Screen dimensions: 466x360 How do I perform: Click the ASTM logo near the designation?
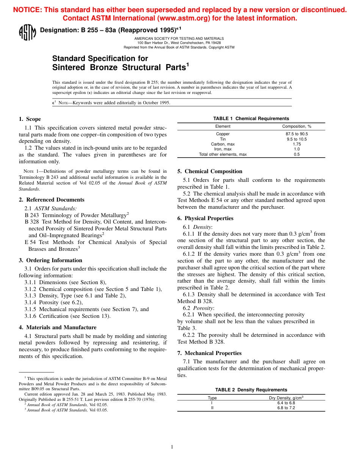[27, 32]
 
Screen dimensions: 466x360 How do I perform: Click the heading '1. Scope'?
[30, 119]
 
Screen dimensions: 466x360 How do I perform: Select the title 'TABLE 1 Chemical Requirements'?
[251, 119]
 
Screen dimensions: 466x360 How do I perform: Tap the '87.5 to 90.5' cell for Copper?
[297, 134]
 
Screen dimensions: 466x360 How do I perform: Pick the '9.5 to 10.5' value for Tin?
[297, 139]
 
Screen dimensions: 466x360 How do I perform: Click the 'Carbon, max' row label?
[223, 144]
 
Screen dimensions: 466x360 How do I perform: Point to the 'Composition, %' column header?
[297, 126]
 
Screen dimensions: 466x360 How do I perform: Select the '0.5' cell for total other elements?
[297, 154]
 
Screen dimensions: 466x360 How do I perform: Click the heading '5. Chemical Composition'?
[210, 171]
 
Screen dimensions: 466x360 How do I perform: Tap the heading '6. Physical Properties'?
[205, 218]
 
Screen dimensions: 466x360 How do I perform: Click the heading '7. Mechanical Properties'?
[209, 353]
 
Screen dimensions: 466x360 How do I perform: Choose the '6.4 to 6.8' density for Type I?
[286, 403]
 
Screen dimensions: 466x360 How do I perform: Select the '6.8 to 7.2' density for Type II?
[286, 408]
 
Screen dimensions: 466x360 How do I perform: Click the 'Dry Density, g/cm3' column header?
[286, 398]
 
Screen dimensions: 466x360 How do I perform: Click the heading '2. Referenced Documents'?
[52, 200]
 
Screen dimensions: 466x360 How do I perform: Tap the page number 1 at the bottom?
[172, 447]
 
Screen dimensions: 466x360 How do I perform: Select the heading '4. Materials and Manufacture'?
[58, 327]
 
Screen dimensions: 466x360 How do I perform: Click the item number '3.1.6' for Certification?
[31, 316]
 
